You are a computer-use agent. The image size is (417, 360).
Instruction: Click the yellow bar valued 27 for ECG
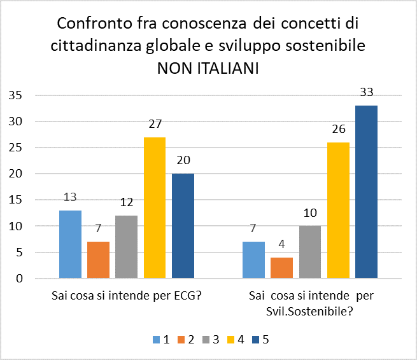point(155,208)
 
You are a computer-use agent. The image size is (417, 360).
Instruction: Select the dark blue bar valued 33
point(367,192)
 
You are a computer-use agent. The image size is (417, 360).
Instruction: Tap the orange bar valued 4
point(282,268)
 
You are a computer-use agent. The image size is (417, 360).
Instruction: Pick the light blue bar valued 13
point(70,244)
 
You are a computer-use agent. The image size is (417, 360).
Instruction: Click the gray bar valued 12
point(127,247)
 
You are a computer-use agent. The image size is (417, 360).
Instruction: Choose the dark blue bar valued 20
point(183,226)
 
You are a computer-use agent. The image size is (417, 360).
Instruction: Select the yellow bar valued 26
point(339,211)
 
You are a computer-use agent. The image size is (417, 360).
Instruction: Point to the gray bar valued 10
point(310,252)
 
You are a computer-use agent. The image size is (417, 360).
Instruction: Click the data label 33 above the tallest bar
point(367,92)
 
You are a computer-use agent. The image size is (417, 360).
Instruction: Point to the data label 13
point(70,197)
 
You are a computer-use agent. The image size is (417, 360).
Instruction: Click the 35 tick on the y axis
point(15,95)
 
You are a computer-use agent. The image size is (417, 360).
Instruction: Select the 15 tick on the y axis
point(15,200)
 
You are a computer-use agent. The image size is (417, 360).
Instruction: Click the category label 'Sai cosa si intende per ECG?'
point(127,296)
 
